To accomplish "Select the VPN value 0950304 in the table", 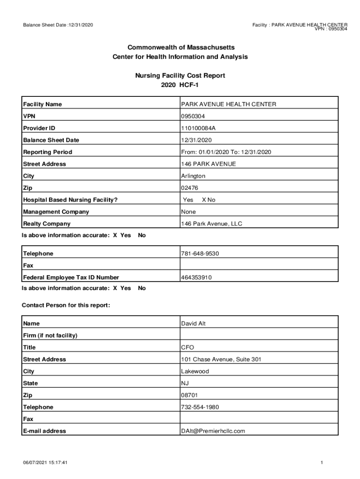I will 193,116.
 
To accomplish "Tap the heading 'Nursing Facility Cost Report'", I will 180,75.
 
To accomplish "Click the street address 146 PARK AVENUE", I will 209,164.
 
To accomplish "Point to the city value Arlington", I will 193,176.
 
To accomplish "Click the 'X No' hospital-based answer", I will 209,200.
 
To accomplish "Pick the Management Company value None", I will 188,212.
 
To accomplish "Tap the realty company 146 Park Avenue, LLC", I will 212,224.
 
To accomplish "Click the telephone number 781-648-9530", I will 200,254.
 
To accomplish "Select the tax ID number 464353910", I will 196,278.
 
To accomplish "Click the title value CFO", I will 187,348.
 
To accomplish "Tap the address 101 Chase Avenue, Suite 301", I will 221,360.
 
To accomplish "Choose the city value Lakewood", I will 195,371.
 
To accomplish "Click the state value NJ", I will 185,384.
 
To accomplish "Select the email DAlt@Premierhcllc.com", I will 213,431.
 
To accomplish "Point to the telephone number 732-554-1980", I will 200,407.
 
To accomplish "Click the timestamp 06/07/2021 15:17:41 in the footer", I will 46,463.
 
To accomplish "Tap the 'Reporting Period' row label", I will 48,152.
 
